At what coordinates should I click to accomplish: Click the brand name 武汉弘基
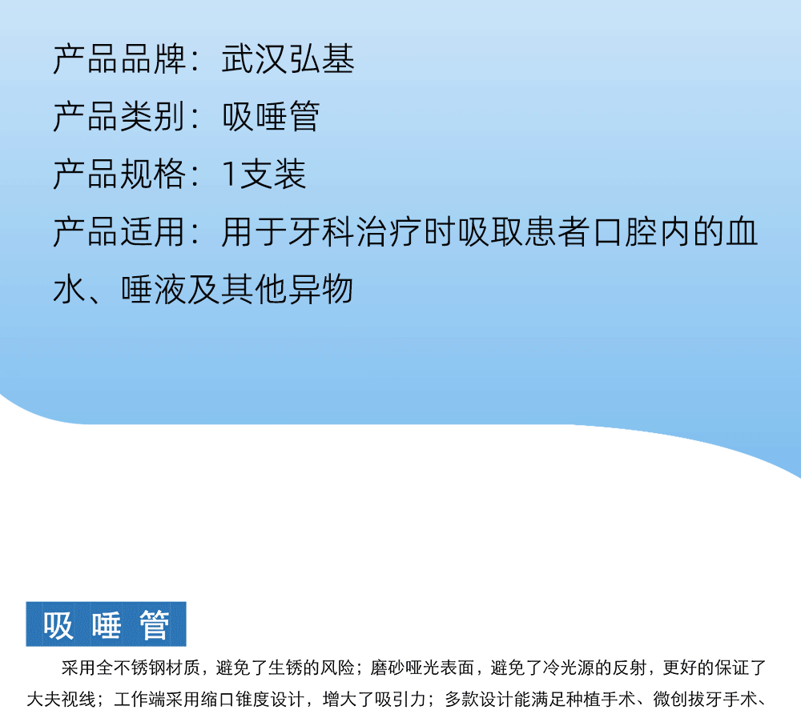pyautogui.click(x=288, y=59)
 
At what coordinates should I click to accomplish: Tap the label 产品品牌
pyautogui.click(x=119, y=59)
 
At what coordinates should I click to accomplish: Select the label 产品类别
pyautogui.click(x=119, y=117)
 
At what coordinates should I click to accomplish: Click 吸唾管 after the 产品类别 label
pyautogui.click(x=271, y=117)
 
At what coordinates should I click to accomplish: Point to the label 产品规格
pyautogui.click(x=119, y=174)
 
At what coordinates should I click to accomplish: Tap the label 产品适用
pyautogui.click(x=119, y=232)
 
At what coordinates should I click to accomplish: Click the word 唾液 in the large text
pyautogui.click(x=153, y=290)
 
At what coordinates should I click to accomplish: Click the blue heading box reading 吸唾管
pyautogui.click(x=107, y=624)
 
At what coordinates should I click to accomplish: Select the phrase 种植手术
pyautogui.click(x=600, y=700)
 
